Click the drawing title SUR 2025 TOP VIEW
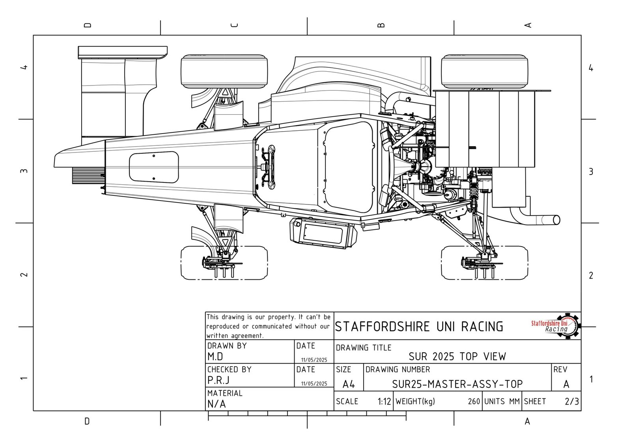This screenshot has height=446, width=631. coord(457,357)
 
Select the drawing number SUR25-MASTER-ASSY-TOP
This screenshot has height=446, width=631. coord(457,384)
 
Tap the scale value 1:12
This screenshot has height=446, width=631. coord(384,401)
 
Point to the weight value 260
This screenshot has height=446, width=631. coord(474,401)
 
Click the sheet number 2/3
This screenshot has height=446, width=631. coord(571,401)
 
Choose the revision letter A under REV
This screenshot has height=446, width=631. coord(566,384)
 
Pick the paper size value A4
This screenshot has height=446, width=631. coord(349,384)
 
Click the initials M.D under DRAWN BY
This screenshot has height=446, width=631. coord(215,357)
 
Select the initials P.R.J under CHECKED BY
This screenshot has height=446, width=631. coord(218,380)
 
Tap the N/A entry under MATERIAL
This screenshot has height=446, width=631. coord(217,404)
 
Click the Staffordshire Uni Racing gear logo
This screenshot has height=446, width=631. coord(556,326)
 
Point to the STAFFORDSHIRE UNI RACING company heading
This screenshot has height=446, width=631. coord(419,327)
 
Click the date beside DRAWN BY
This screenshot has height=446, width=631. coord(314,360)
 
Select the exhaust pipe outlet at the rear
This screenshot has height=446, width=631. coord(556,219)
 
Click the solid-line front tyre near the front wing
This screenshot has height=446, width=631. coord(224,71)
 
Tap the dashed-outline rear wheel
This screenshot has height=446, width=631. coord(484,263)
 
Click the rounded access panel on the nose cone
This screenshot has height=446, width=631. coord(154,167)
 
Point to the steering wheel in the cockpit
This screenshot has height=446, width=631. coord(271,167)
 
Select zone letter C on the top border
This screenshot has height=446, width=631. coord(234,25)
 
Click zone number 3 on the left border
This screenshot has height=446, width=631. coord(24,171)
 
